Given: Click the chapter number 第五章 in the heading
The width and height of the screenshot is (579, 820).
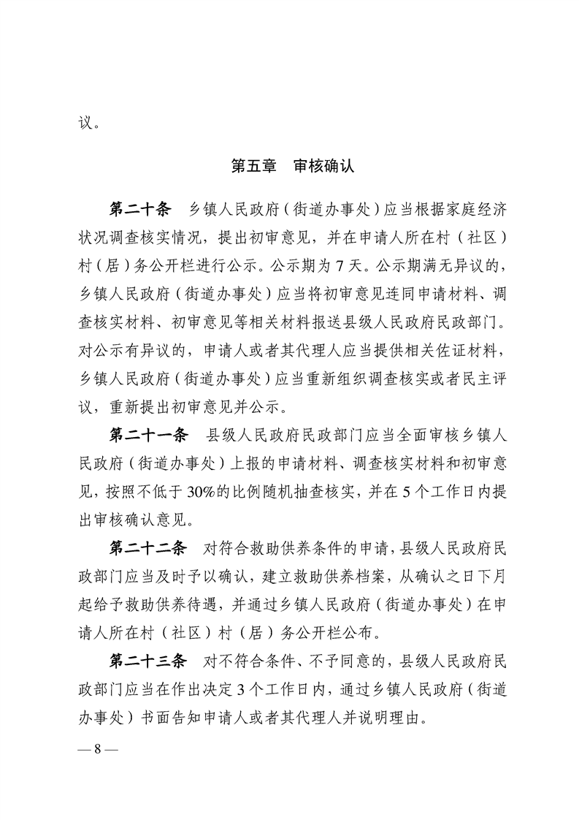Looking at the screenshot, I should pyautogui.click(x=253, y=166).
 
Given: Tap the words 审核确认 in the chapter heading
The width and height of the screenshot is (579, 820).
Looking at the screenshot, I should pyautogui.click(x=324, y=166).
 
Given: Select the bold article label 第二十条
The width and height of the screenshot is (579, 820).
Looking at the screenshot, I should pyautogui.click(x=139, y=210).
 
